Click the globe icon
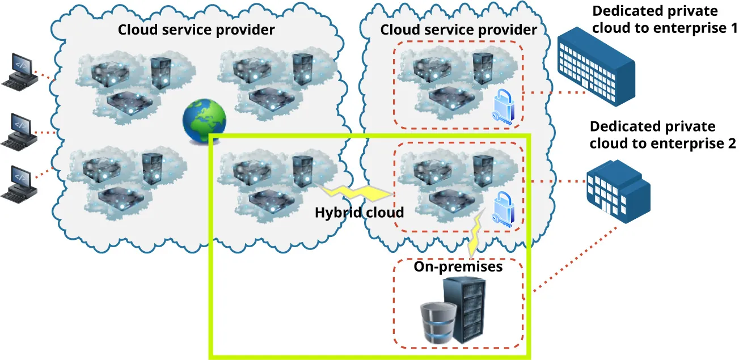click(x=204, y=121)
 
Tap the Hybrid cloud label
click(x=359, y=213)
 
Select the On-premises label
click(x=458, y=266)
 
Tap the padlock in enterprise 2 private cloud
click(x=502, y=209)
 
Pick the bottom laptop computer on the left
click(x=19, y=184)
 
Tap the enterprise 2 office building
click(x=618, y=189)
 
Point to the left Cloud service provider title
click(x=196, y=29)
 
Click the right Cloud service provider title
click(x=458, y=29)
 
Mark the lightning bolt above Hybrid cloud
click(x=357, y=193)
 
